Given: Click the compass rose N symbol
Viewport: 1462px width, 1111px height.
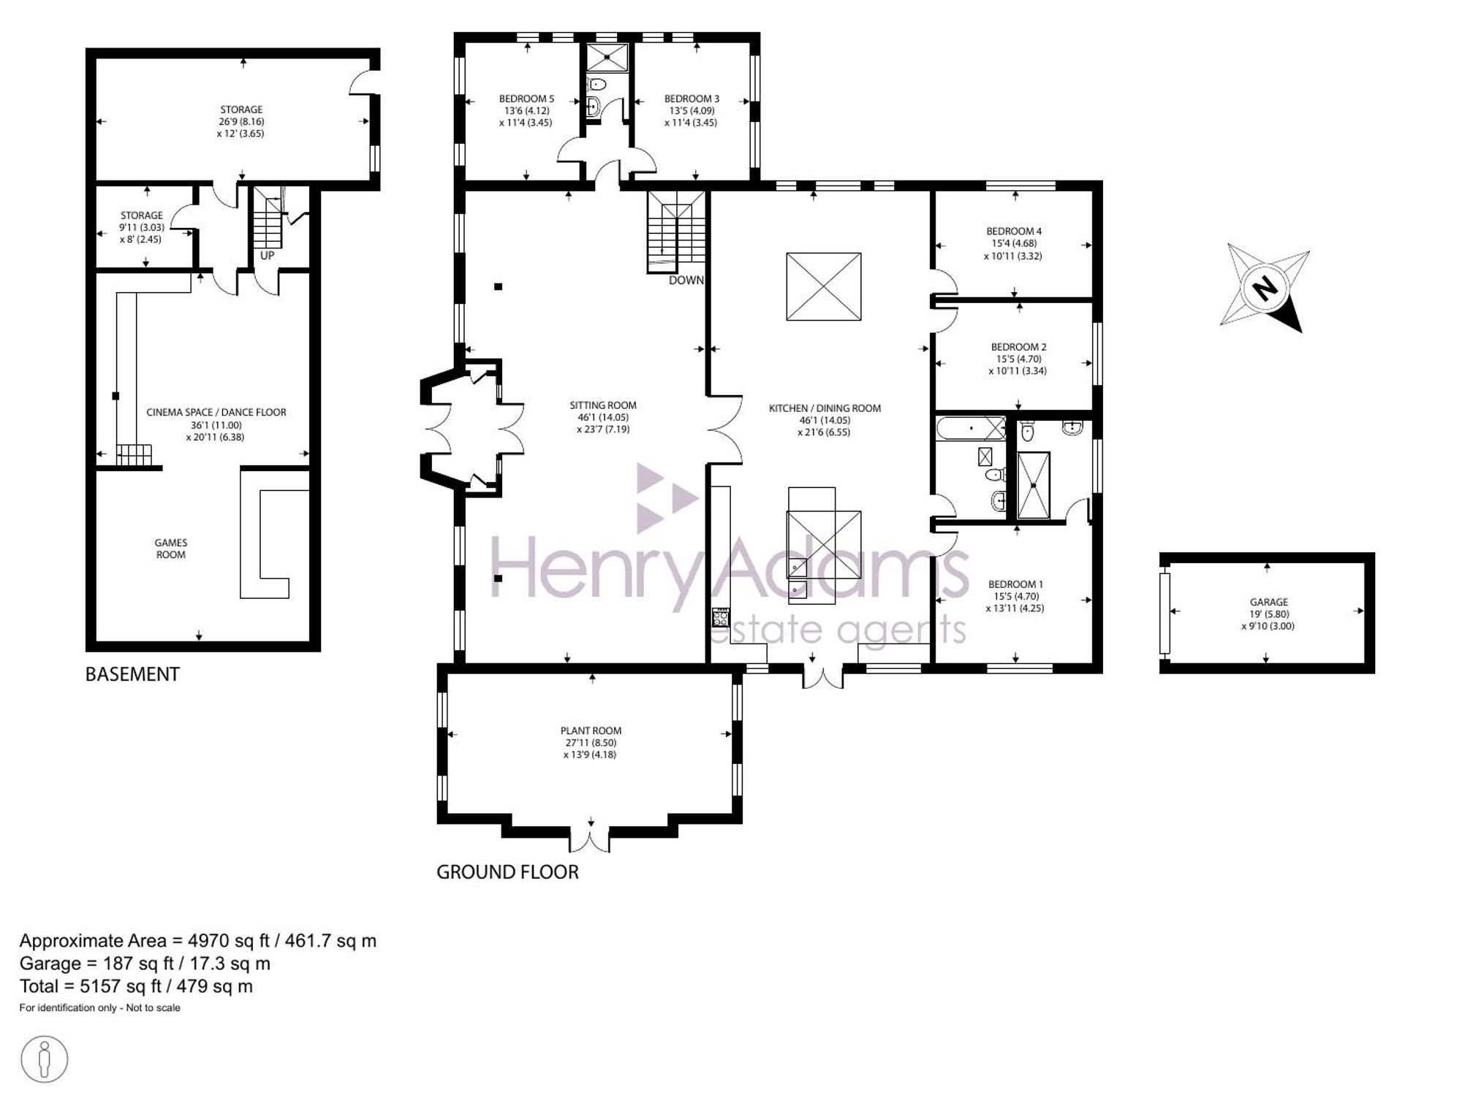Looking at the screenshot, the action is pyautogui.click(x=1265, y=288).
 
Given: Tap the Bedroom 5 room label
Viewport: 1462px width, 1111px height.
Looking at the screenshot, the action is pyautogui.click(x=526, y=99).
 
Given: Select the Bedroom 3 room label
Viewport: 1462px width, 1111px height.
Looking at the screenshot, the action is pyautogui.click(x=692, y=99).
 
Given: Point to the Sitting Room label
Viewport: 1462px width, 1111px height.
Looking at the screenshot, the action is pyautogui.click(x=603, y=405).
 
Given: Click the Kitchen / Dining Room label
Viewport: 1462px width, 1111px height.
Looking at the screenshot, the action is pyautogui.click(x=825, y=408).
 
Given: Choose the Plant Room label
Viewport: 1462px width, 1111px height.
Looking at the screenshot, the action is pyautogui.click(x=591, y=730).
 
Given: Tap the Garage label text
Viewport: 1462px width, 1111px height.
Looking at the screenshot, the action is pyautogui.click(x=1268, y=603).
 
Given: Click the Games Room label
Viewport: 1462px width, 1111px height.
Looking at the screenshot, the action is pyautogui.click(x=171, y=549).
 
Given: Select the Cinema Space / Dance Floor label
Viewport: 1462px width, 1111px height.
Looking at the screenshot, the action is pyautogui.click(x=216, y=412).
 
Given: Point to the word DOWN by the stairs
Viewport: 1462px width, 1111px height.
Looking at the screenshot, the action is pyautogui.click(x=686, y=280).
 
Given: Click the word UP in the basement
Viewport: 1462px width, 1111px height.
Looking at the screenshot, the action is pyautogui.click(x=268, y=256).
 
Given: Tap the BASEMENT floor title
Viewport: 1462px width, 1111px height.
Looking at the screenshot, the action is pyautogui.click(x=132, y=674).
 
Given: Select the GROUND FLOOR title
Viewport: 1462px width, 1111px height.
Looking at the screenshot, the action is pyautogui.click(x=507, y=872).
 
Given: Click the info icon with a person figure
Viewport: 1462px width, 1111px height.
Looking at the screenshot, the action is pyautogui.click(x=45, y=1058).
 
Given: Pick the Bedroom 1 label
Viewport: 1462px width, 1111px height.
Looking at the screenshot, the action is pyautogui.click(x=1015, y=584).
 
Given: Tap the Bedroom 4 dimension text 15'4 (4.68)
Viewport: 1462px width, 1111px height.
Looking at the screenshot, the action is pyautogui.click(x=1015, y=243).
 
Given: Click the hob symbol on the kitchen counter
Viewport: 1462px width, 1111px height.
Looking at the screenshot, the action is pyautogui.click(x=721, y=617).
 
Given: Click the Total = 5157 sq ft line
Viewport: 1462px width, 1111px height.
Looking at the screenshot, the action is pyautogui.click(x=136, y=987).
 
